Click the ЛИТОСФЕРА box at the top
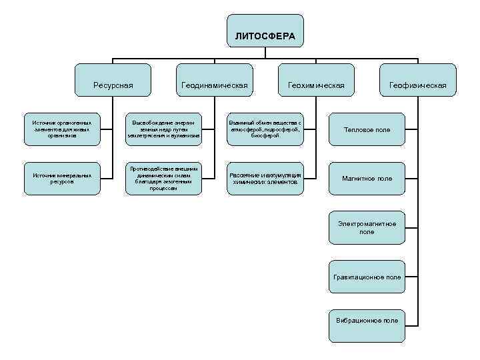pyautogui.click(x=265, y=35)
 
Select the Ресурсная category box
pyautogui.click(x=113, y=85)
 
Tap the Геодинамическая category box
pyautogui.click(x=214, y=85)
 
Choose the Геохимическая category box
pyautogui.click(x=315, y=85)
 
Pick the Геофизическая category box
pyautogui.click(x=418, y=85)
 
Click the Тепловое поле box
pyautogui.click(x=367, y=129)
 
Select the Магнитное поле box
pyautogui.click(x=367, y=179)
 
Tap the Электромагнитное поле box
pyautogui.click(x=367, y=227)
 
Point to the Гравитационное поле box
pyautogui.click(x=367, y=277)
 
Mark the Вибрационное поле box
pyautogui.click(x=367, y=321)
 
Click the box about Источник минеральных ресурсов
pyautogui.click(x=62, y=179)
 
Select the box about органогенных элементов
pyautogui.click(x=62, y=129)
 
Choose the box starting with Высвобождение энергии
pyautogui.click(x=163, y=129)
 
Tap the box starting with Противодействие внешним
pyautogui.click(x=163, y=179)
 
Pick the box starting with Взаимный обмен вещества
pyautogui.click(x=265, y=129)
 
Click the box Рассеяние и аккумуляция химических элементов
pyautogui.click(x=265, y=179)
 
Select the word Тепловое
pyautogui.click(x=358, y=129)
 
